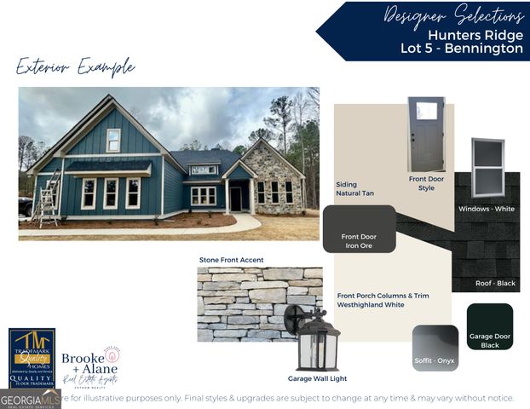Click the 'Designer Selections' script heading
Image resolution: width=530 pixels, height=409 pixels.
(x=452, y=15)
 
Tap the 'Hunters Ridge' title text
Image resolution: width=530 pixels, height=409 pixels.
(x=475, y=35)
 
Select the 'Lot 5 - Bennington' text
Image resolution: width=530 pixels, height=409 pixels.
(x=461, y=49)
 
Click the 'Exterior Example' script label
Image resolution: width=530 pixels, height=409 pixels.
(x=75, y=66)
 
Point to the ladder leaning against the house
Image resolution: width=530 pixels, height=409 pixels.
(x=48, y=197)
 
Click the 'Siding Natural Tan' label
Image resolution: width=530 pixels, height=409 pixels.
(x=355, y=189)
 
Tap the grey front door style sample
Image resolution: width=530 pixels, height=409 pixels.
(x=426, y=134)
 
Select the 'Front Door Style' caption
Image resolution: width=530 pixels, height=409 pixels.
(x=426, y=183)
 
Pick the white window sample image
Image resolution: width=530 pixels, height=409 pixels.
(x=487, y=167)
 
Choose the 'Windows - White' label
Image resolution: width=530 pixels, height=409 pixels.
(x=487, y=209)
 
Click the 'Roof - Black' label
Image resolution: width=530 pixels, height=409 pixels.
(x=495, y=283)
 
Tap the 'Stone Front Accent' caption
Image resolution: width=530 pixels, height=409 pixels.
(x=231, y=260)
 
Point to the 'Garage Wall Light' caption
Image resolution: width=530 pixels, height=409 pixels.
(x=317, y=378)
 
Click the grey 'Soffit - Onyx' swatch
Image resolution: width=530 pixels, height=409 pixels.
(x=435, y=348)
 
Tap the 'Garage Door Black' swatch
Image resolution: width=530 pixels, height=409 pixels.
(x=490, y=326)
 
